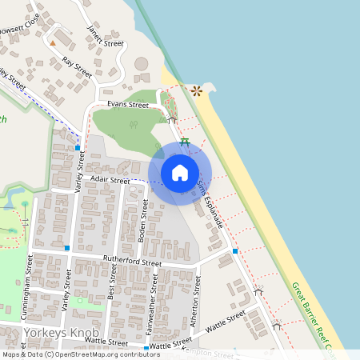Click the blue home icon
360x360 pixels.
180,172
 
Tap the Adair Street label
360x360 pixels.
110,181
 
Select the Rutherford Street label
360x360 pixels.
133,262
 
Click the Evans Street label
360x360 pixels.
128,105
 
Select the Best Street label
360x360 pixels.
112,282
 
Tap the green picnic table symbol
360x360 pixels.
185,142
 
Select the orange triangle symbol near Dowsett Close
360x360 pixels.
54,42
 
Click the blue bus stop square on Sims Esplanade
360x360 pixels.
235,251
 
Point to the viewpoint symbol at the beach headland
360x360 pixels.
196,90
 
